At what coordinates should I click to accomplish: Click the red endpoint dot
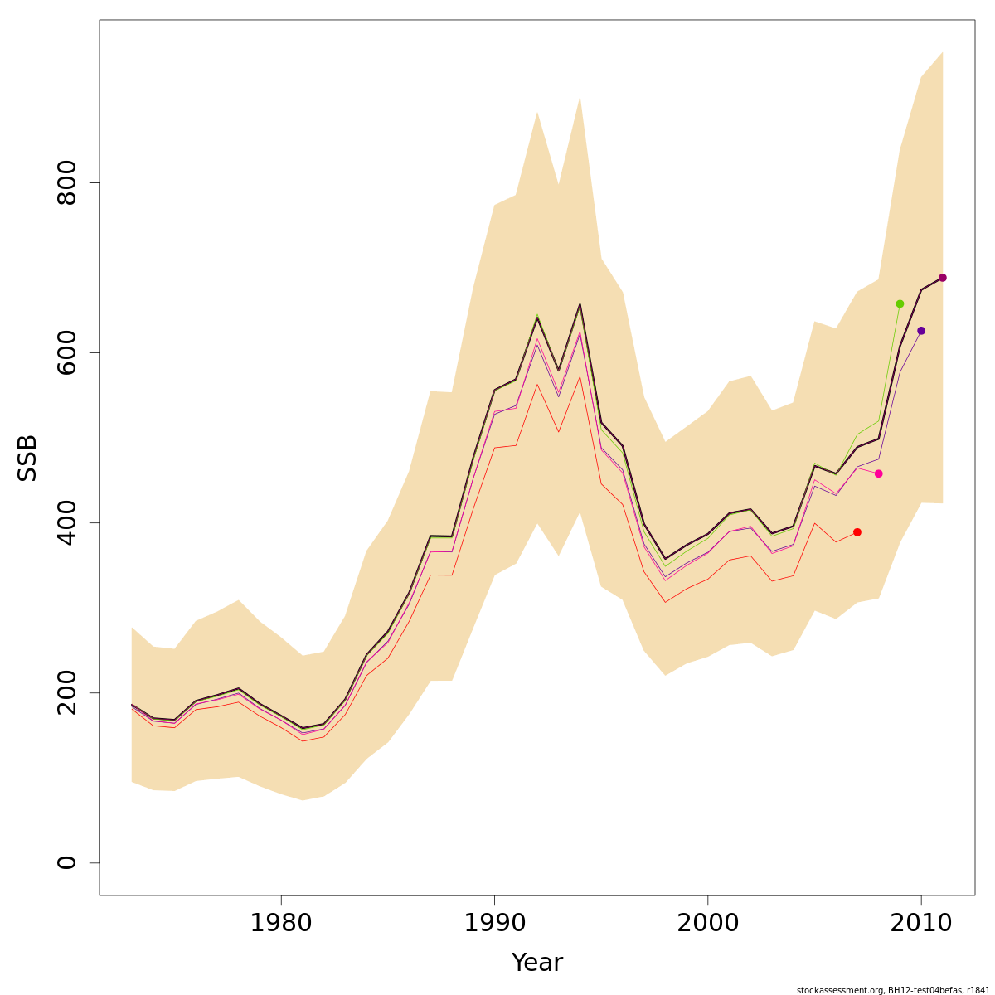(x=857, y=532)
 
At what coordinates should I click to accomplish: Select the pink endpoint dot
(x=879, y=473)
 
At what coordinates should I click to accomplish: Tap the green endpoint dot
(x=900, y=303)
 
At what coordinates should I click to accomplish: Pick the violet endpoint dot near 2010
(x=921, y=331)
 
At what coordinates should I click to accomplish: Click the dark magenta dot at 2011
(x=943, y=278)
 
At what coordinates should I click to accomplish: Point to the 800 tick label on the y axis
(x=67, y=182)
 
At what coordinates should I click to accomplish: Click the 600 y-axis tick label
(x=67, y=352)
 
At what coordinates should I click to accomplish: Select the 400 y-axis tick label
(x=67, y=522)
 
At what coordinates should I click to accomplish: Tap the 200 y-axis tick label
(x=67, y=692)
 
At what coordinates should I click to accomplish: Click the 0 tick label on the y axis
(x=67, y=862)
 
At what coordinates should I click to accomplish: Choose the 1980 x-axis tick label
(x=281, y=922)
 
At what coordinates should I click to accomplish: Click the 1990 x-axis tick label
(x=494, y=922)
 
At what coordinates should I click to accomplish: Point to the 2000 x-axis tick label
(x=707, y=922)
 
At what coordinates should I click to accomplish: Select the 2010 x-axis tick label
(x=920, y=922)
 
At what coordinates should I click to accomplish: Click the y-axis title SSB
(x=28, y=458)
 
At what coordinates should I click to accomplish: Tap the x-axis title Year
(x=537, y=963)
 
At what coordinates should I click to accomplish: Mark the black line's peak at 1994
(x=580, y=304)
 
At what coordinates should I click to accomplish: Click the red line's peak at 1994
(x=580, y=376)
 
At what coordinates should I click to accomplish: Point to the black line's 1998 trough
(x=665, y=559)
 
